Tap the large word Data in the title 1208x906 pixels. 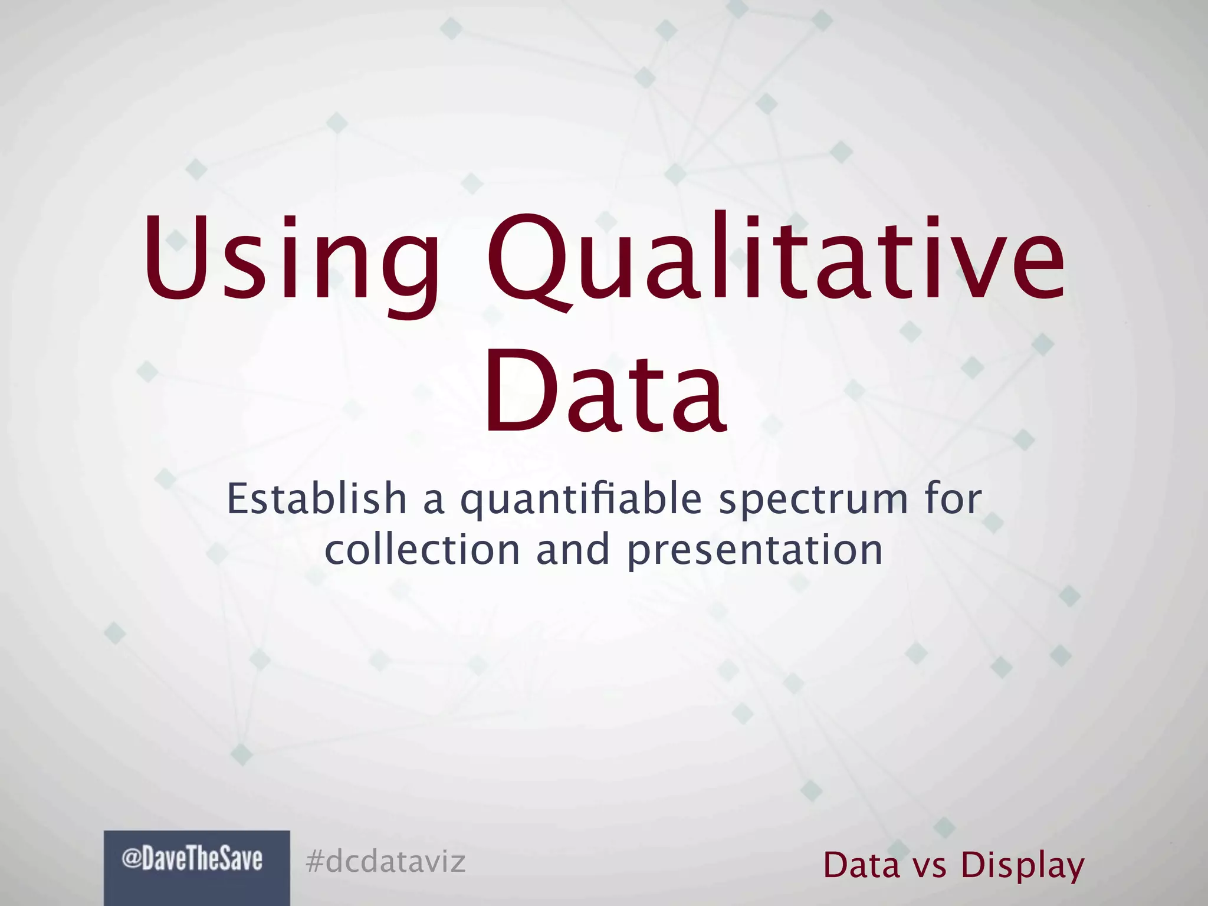[x=604, y=390]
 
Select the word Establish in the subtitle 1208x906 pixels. [x=317, y=499]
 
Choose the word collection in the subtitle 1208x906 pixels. [x=422, y=550]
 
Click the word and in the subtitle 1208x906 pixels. [x=573, y=550]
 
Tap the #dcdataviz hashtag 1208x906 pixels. [x=386, y=861]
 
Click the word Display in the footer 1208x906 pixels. [x=1023, y=866]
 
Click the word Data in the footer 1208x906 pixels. [x=862, y=865]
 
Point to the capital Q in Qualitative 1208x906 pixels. [x=528, y=260]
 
